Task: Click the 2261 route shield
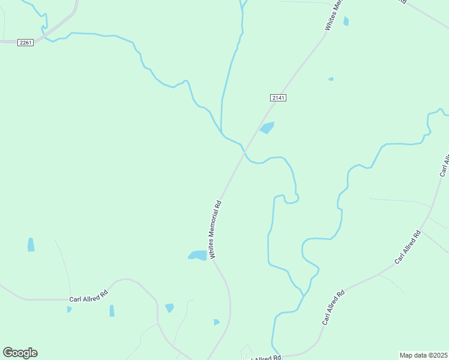click(25, 43)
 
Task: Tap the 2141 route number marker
click(278, 98)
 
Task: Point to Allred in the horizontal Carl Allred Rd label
click(91, 297)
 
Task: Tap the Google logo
click(20, 353)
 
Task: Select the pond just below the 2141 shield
click(267, 127)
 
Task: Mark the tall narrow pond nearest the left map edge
click(31, 244)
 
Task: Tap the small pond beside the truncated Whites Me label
click(346, 22)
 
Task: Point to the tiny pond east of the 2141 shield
click(331, 79)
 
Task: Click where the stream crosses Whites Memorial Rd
click(244, 152)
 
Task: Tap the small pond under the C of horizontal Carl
click(69, 310)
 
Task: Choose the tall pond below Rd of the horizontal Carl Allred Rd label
click(112, 311)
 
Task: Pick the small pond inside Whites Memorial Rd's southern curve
click(217, 322)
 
